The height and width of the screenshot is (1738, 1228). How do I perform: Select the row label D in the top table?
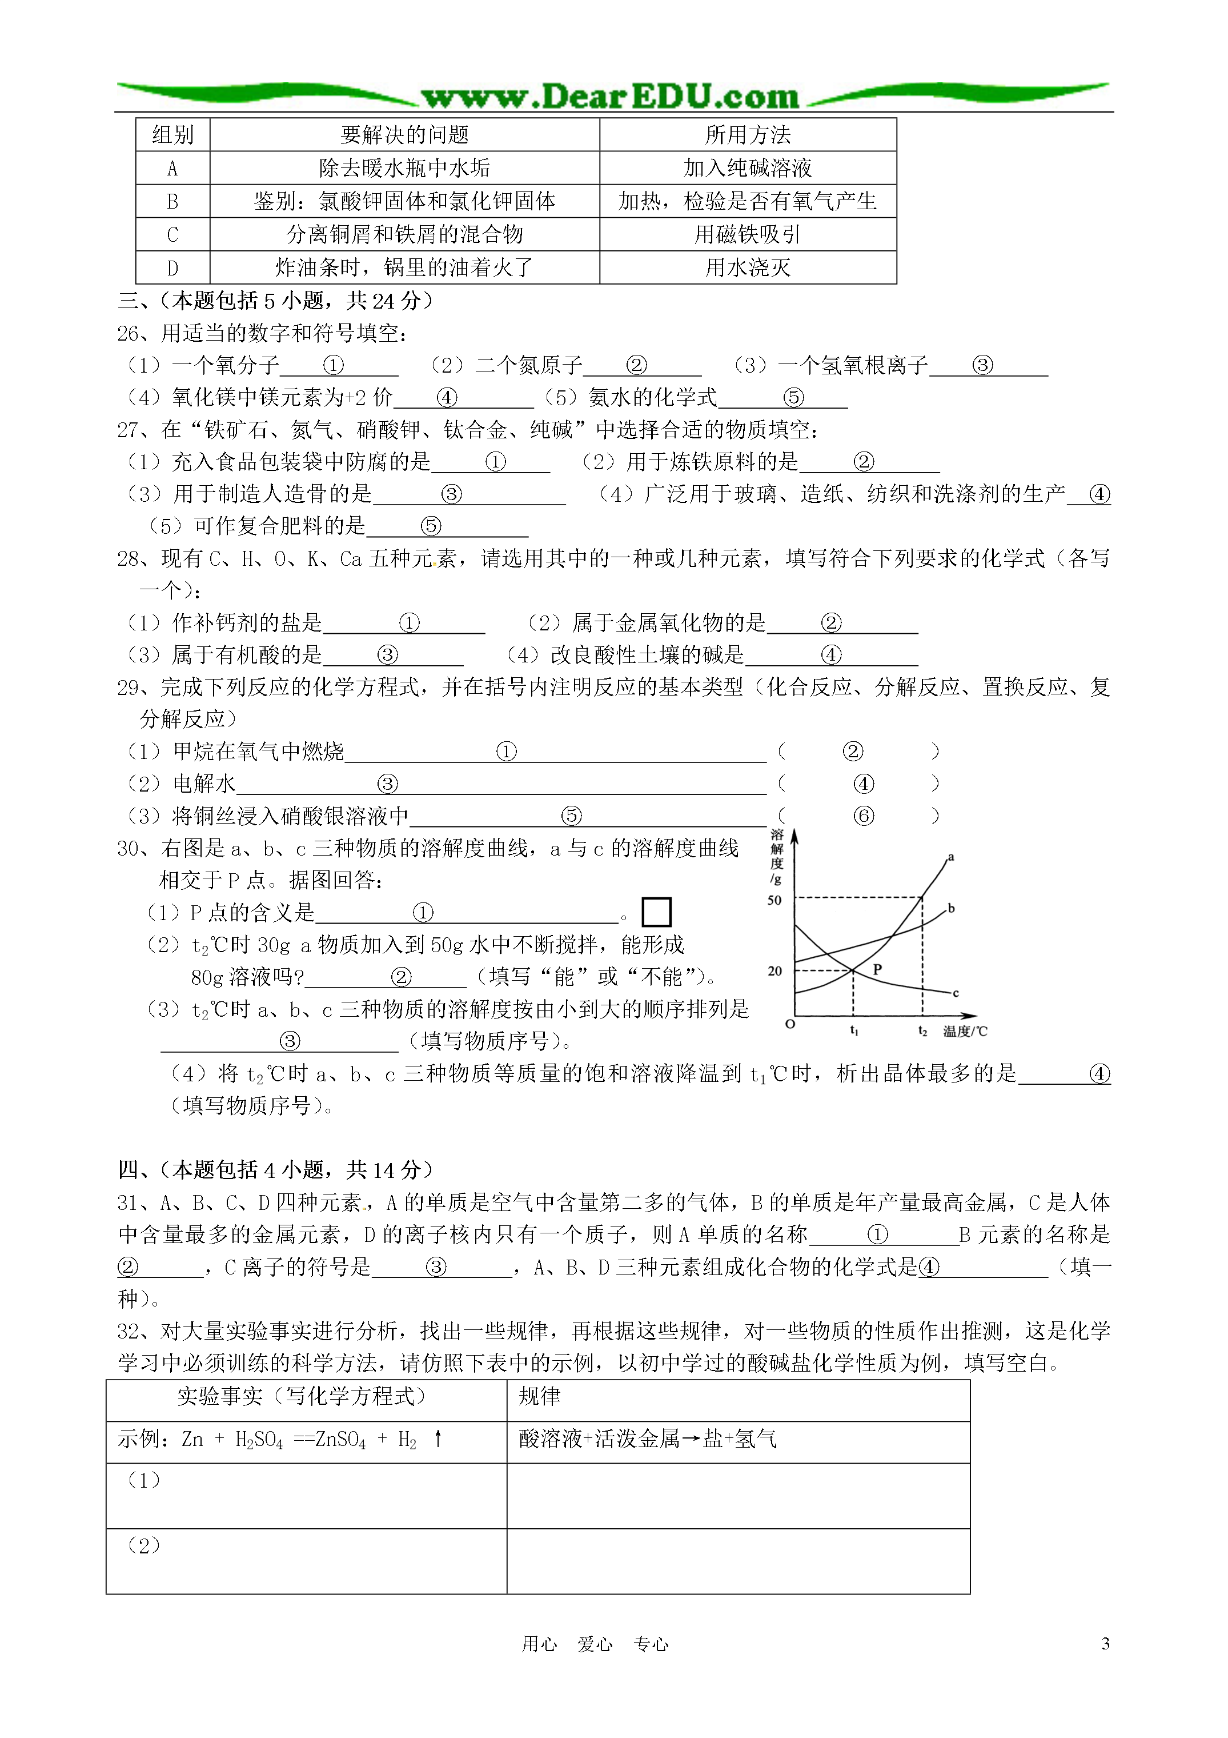click(x=172, y=268)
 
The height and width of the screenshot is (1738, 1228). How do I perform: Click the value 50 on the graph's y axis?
click(x=774, y=900)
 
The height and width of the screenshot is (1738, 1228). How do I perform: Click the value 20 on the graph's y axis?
click(x=774, y=970)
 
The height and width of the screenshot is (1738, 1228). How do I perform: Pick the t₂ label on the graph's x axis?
click(x=922, y=1030)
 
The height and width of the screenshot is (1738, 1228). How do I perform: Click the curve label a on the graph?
click(x=951, y=857)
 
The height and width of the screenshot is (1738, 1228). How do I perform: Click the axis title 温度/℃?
click(x=965, y=1031)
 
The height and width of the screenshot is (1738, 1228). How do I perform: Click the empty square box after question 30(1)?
click(x=656, y=912)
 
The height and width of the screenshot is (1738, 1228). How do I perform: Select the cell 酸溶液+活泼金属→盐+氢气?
click(x=648, y=1439)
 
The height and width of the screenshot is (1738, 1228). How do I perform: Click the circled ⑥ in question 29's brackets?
click(x=863, y=816)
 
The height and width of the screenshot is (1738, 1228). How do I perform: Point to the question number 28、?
click(x=136, y=558)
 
